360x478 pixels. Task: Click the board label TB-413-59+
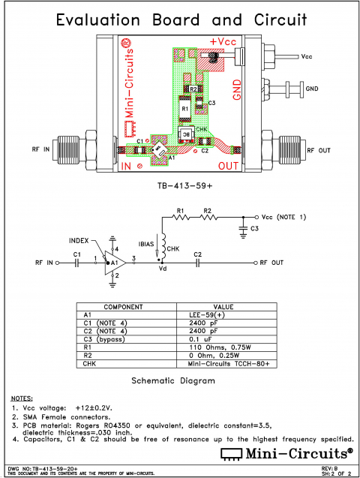point(181,184)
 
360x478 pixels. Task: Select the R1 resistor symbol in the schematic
point(180,217)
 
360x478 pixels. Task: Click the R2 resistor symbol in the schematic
point(208,217)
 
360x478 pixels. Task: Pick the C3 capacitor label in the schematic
point(254,228)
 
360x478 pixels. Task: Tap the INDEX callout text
point(79,241)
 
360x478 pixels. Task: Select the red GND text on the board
point(237,88)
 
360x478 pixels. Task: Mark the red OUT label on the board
point(229,165)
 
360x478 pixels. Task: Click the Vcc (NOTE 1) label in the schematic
point(281,217)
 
